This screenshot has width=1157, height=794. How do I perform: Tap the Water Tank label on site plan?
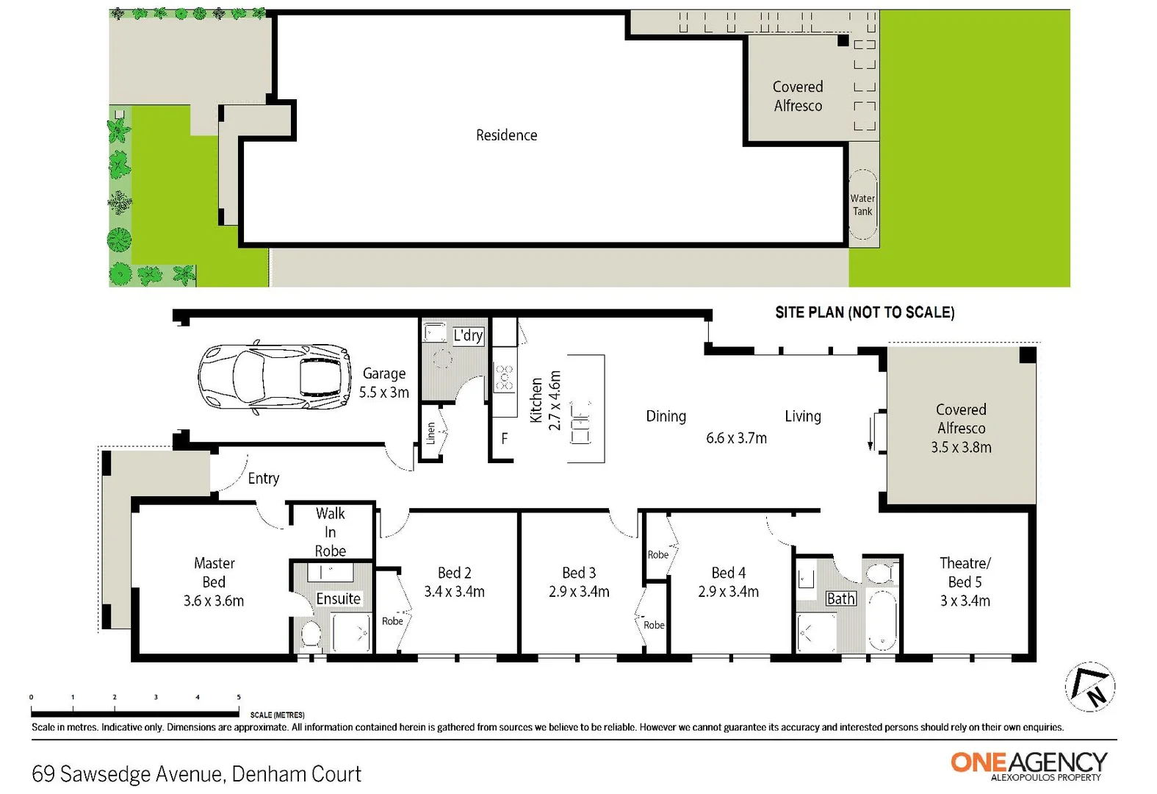point(862,205)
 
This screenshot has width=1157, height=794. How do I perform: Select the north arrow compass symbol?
point(1090,687)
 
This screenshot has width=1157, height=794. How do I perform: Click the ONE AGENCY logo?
point(1028,765)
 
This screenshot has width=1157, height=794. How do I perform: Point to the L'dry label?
point(468,336)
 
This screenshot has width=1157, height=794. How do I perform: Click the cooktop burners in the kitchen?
point(504,378)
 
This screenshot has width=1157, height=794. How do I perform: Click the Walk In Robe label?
point(330,532)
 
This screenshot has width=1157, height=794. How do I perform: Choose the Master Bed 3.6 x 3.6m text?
point(214,582)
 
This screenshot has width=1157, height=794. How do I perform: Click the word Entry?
point(264,479)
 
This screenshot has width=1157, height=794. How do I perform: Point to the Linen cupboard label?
point(431,432)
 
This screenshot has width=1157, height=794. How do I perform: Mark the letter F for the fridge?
point(505,438)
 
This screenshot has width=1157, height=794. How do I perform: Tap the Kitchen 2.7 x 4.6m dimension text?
point(545,401)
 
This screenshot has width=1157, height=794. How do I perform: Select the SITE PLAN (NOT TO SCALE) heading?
point(865,312)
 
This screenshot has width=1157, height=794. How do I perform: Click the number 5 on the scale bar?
point(239,697)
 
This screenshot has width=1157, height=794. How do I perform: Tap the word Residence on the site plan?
point(506,135)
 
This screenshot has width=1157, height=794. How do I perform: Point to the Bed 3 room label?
point(579,582)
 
